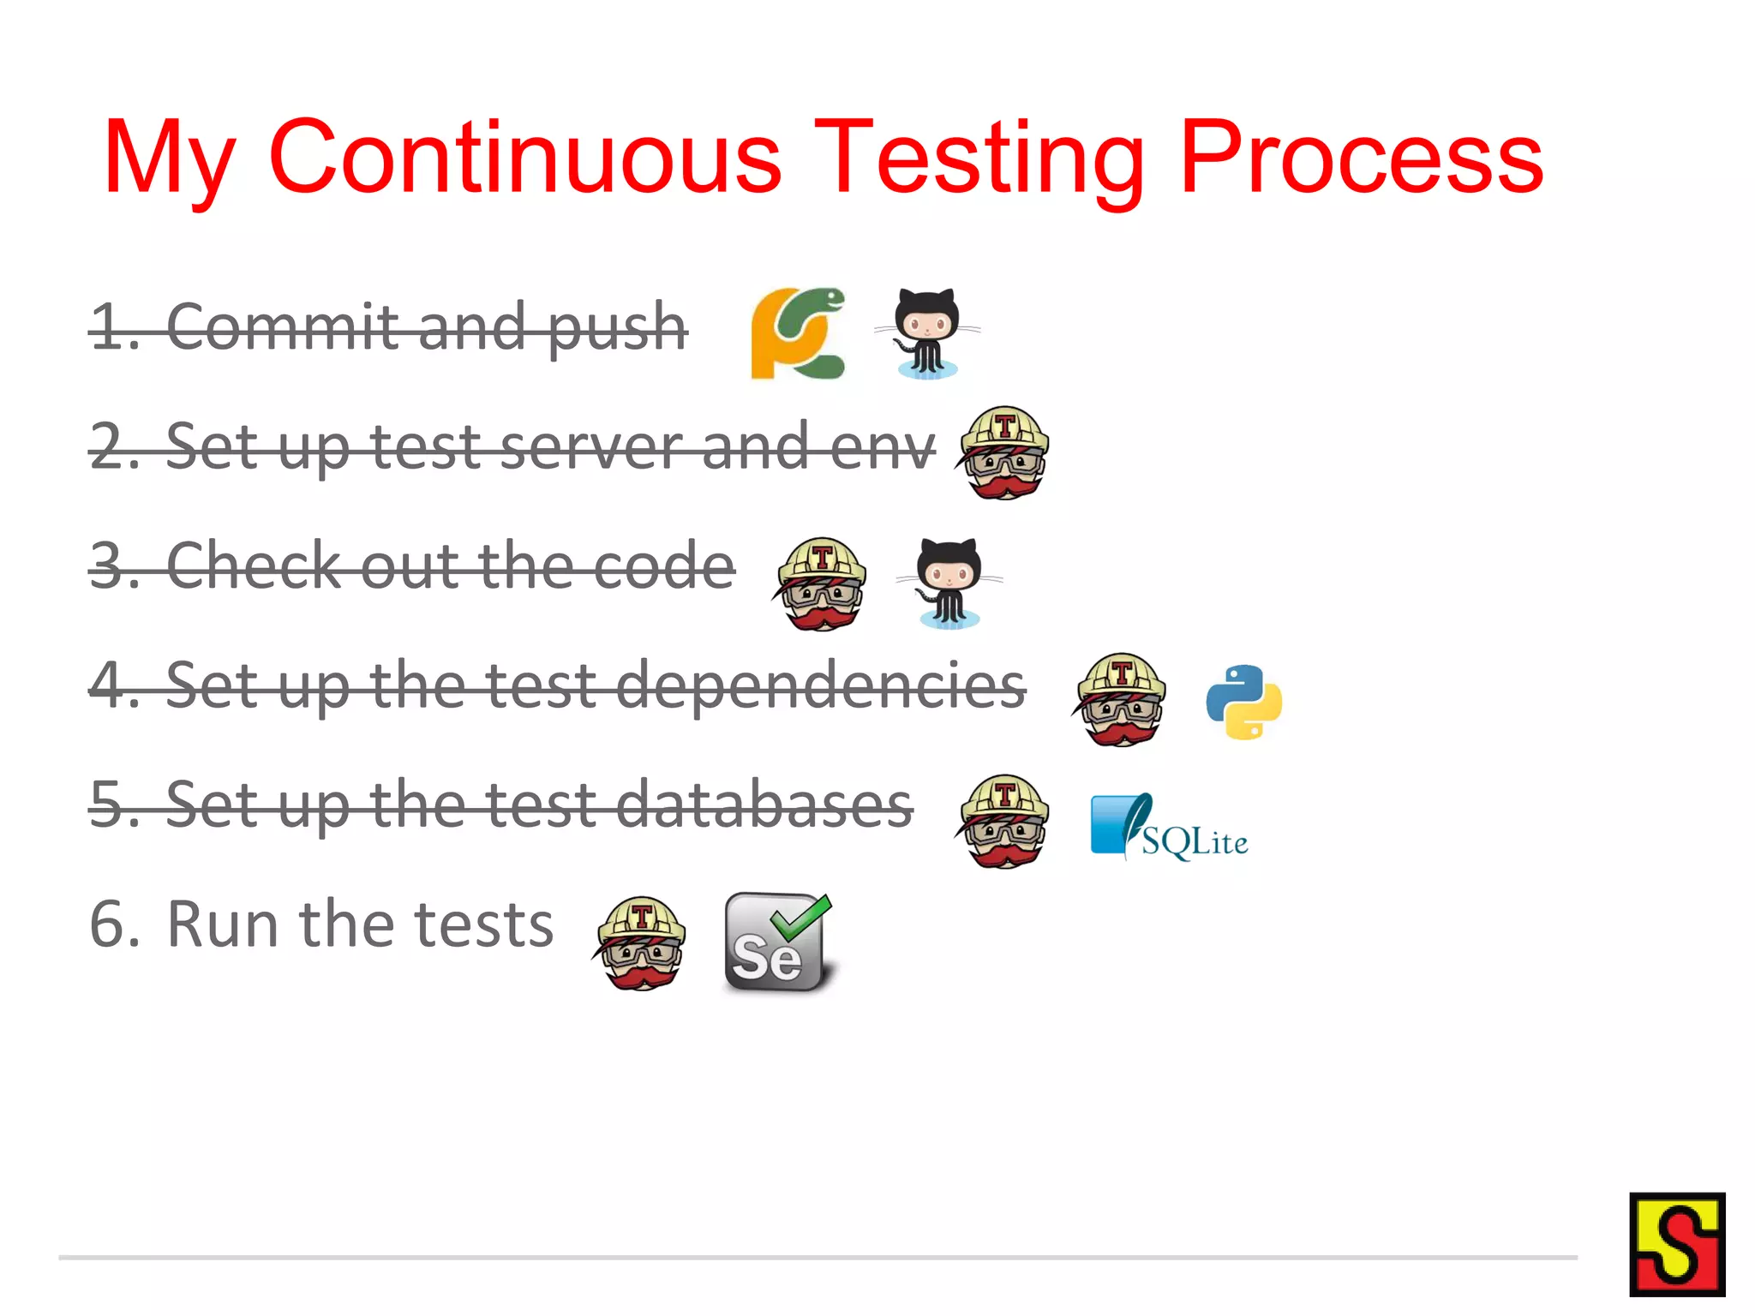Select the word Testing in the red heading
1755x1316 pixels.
coord(979,159)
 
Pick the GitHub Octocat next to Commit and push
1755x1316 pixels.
coord(927,333)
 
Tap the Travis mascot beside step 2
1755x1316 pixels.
coord(1004,452)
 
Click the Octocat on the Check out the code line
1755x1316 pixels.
coord(949,583)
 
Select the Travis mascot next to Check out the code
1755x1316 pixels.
coord(821,584)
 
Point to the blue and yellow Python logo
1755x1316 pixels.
coord(1243,702)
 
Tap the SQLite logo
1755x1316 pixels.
coord(1169,827)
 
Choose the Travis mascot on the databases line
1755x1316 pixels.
coord(1003,822)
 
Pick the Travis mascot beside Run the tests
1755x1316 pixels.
coord(641,943)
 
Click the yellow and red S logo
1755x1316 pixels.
coord(1676,1244)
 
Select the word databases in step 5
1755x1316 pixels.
coord(764,805)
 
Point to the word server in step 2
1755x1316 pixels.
coord(591,447)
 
